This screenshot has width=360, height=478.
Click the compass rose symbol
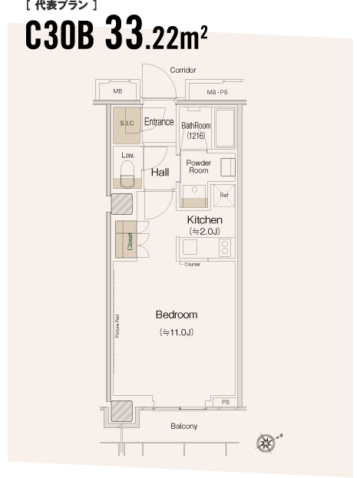coord(265,443)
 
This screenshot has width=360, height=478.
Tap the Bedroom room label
coord(177,315)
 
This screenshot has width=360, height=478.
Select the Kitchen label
coord(204,219)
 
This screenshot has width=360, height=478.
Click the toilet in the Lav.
coord(127,173)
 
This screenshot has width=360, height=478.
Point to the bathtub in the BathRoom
coord(225,128)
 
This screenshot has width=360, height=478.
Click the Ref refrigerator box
coord(224,196)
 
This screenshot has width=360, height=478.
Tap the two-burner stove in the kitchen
coord(225,248)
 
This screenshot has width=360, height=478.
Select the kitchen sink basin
coord(190,247)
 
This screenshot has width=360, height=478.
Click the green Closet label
coord(130,242)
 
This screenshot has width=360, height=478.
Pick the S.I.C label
coord(127,124)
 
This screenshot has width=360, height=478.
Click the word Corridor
coord(183,70)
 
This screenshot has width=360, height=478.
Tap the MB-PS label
coord(217,92)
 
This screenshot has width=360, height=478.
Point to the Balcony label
coord(183,426)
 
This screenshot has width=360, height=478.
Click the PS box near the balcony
coord(225,402)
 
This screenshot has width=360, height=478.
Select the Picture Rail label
coord(117,326)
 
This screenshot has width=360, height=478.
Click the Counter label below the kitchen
coord(192,264)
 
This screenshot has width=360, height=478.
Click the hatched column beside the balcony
coord(121,411)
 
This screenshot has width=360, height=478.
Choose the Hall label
coord(160,173)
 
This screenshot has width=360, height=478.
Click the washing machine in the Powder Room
coord(228,167)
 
